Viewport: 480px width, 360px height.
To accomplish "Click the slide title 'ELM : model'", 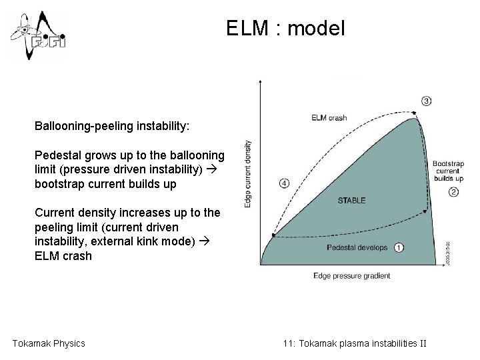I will click(x=285, y=29).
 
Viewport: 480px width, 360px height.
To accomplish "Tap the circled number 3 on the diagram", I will click(x=426, y=101).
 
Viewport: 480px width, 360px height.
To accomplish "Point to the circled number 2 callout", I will click(x=454, y=193).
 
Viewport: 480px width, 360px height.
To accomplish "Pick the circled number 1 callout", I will click(x=399, y=247).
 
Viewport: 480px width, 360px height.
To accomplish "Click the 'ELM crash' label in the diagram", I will click(x=329, y=119).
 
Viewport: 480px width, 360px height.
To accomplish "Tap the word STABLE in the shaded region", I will click(x=351, y=201).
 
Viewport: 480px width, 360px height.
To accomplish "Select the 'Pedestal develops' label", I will click(x=357, y=247).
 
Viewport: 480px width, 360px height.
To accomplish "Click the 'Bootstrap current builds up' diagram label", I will click(x=448, y=171).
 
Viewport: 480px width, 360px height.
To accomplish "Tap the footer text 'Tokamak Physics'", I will click(x=49, y=343).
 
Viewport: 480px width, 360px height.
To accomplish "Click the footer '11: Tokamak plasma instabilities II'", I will click(x=354, y=343).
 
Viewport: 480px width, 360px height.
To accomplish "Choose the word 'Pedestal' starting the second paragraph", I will click(x=55, y=155).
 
